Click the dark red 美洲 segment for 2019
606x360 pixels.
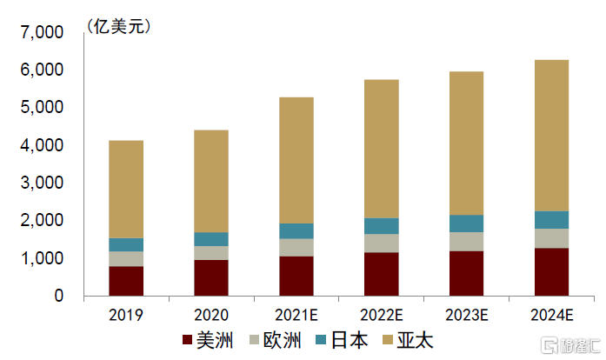pos(126,281)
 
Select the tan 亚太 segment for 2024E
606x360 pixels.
pos(551,136)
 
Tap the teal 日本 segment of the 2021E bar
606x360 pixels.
pos(296,230)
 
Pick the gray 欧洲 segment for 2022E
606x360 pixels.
pos(382,243)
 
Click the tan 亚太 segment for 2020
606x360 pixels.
pos(211,181)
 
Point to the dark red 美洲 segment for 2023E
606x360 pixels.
pos(466,273)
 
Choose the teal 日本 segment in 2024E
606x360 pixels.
pos(551,220)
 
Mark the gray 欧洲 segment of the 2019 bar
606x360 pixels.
pos(126,258)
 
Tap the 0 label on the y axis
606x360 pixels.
pos(59,296)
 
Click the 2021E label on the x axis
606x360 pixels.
pos(296,314)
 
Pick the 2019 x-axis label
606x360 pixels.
pos(126,314)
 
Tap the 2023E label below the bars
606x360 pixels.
pos(466,314)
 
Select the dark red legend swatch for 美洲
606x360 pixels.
pos(188,340)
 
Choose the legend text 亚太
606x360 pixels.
pos(416,340)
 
